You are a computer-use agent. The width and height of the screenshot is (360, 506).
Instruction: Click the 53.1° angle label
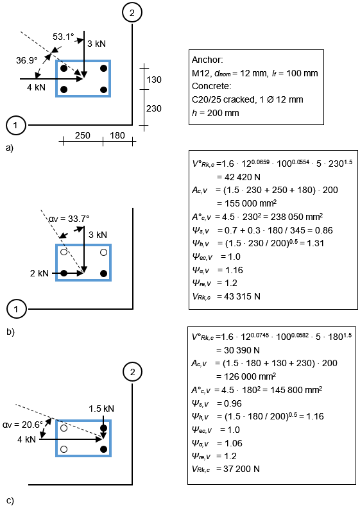point(64,37)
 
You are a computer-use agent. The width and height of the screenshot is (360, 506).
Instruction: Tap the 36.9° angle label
point(27,60)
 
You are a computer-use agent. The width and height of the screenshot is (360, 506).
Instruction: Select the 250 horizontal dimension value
point(83,135)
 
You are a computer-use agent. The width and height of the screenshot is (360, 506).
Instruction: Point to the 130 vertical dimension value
point(153,80)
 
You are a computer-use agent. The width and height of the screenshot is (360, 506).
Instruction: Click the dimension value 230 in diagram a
point(153,108)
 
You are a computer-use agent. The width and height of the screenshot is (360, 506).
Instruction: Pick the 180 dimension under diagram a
point(117,135)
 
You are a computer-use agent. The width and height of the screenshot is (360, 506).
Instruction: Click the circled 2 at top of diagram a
point(132,13)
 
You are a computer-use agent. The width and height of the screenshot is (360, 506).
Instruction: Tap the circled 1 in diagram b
point(16,310)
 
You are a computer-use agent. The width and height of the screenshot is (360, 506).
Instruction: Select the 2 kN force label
point(39,273)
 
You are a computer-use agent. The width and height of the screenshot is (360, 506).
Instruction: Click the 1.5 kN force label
point(101,409)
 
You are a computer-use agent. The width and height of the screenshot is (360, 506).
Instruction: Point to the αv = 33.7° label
point(69,219)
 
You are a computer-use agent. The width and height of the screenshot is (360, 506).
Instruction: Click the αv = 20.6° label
point(22,425)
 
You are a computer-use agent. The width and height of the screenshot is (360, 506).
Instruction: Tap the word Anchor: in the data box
point(207,60)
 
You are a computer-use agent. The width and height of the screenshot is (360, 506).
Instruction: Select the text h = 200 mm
point(216,113)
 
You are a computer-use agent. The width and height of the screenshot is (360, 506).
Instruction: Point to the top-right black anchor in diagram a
point(104,69)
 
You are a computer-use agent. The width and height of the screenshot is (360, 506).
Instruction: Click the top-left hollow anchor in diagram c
point(64,428)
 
